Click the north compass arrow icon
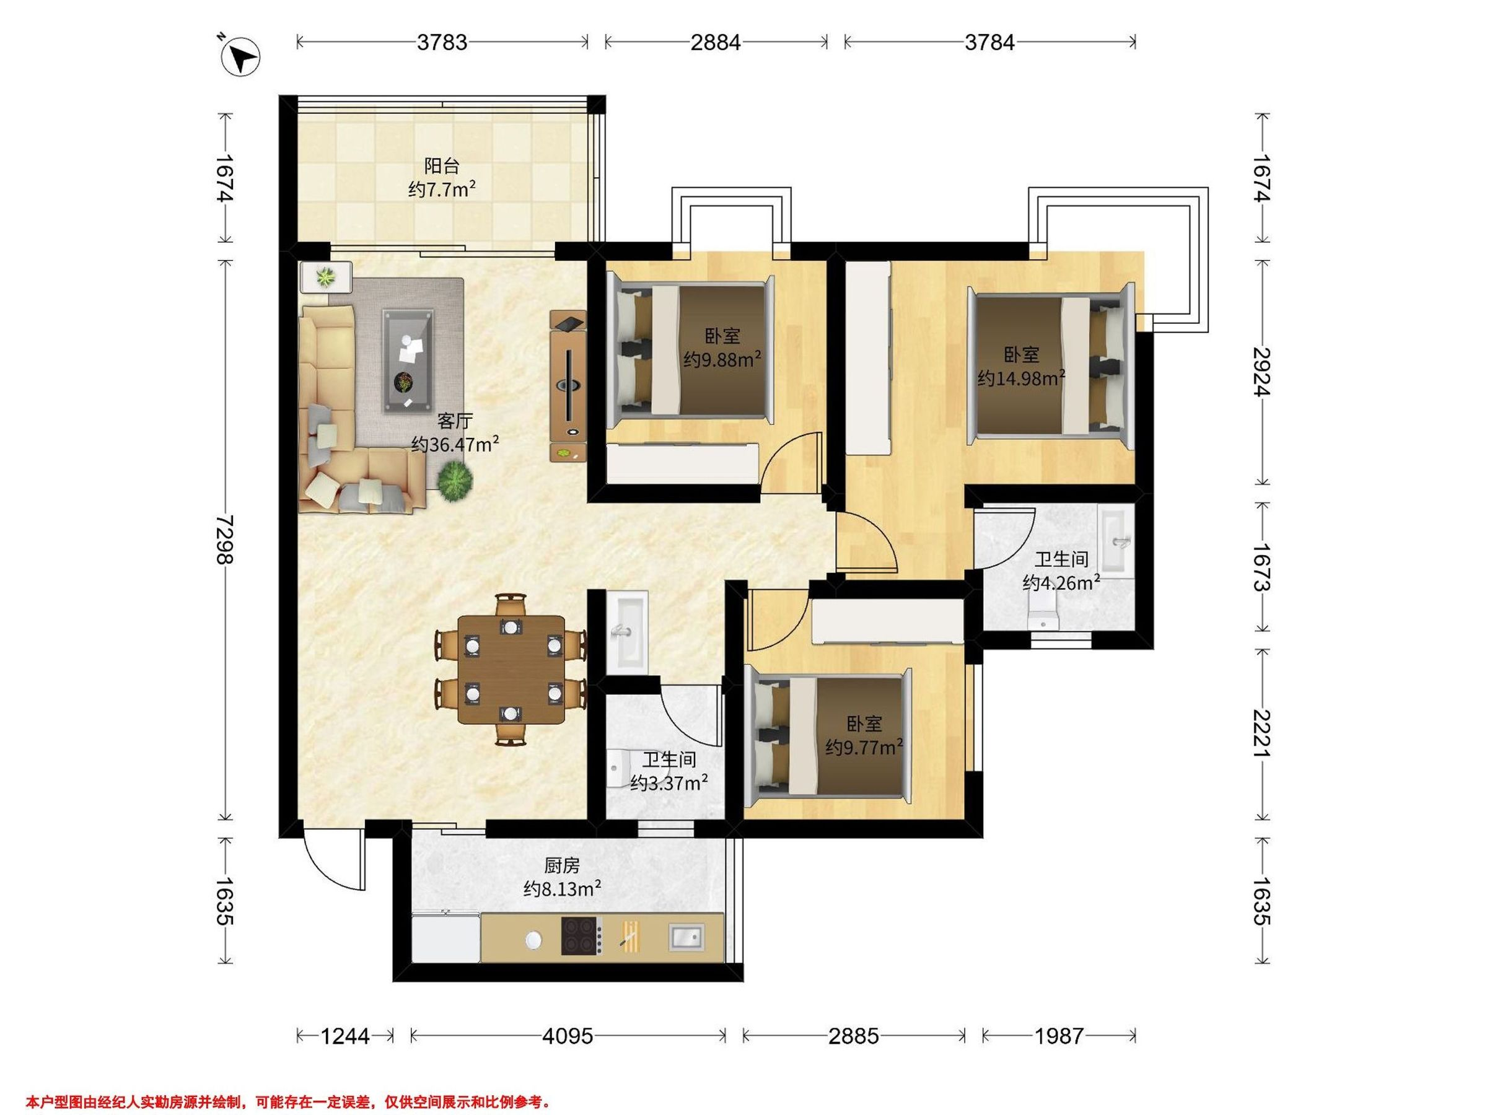point(242,58)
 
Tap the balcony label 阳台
point(442,165)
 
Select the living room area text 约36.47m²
point(455,444)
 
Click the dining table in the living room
point(511,670)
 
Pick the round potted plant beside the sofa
point(455,481)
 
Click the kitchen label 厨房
point(562,865)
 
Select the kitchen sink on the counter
point(687,937)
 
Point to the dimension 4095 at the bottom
point(568,1036)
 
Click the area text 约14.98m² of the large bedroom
point(1021,378)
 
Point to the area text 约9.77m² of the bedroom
point(864,746)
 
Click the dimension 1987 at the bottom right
point(1059,1036)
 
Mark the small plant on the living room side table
point(327,276)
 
